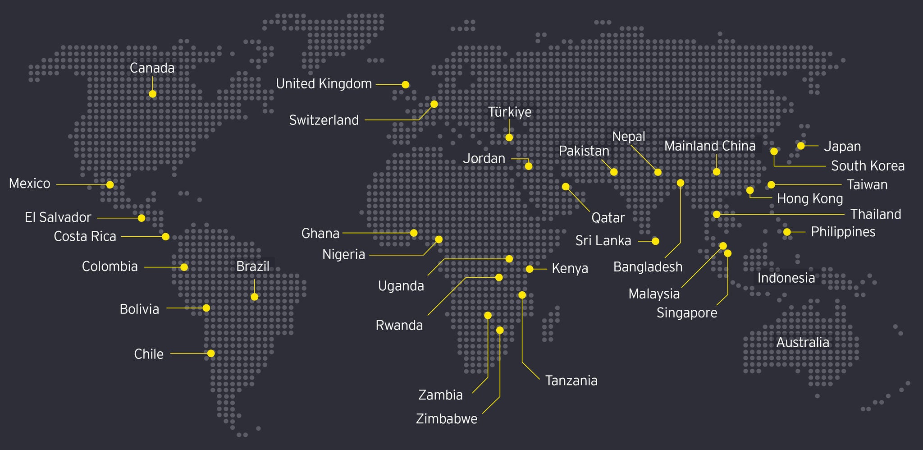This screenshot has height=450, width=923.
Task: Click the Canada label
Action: pyautogui.click(x=152, y=68)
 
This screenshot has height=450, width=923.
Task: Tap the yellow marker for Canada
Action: pyautogui.click(x=152, y=94)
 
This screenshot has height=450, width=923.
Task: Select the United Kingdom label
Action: pyautogui.click(x=324, y=84)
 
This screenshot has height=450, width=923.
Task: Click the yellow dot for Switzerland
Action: pyautogui.click(x=434, y=104)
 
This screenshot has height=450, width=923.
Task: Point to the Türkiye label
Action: pyautogui.click(x=510, y=112)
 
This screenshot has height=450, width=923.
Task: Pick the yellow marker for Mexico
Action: pyautogui.click(x=110, y=184)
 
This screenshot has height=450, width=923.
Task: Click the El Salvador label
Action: pyautogui.click(x=58, y=217)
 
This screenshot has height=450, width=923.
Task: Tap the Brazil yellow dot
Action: pyautogui.click(x=254, y=297)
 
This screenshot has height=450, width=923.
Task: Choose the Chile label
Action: pyautogui.click(x=149, y=354)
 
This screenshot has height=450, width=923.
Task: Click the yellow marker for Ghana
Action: pyautogui.click(x=414, y=233)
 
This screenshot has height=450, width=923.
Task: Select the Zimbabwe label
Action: pyautogui.click(x=446, y=419)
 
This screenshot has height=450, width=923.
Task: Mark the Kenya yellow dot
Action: pyautogui.click(x=530, y=269)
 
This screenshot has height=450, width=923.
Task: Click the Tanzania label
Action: pyautogui.click(x=571, y=381)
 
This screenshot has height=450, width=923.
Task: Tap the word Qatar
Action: pyautogui.click(x=608, y=218)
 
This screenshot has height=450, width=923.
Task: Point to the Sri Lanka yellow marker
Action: pyautogui.click(x=655, y=241)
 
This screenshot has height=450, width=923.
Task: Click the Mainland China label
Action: pyautogui.click(x=710, y=146)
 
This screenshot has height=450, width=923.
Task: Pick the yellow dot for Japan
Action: pyautogui.click(x=801, y=146)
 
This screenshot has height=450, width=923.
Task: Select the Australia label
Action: pyautogui.click(x=802, y=342)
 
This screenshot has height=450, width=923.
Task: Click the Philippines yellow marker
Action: pyautogui.click(x=787, y=232)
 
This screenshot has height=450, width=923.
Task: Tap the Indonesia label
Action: pyautogui.click(x=786, y=278)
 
